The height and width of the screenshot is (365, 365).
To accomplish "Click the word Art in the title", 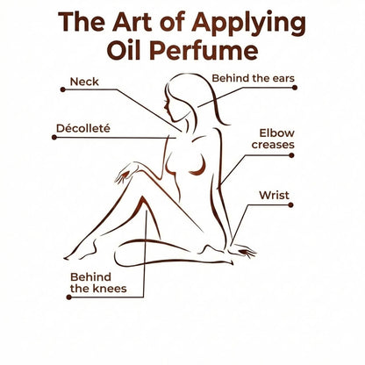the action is pos(132,22).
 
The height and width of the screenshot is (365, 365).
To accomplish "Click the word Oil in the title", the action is pos(125,50).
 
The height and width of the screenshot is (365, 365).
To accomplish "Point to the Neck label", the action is pos(84,82).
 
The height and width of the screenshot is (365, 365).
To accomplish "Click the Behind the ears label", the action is pos(253,78).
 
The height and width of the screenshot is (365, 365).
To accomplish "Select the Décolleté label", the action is pos(83,128).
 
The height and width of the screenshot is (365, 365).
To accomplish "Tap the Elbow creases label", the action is pos(273,139).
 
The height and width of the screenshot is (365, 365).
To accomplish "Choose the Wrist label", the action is pos(274,195).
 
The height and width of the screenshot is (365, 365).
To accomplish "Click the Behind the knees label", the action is pos(98,283).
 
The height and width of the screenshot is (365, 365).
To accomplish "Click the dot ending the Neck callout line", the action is pos(63,89).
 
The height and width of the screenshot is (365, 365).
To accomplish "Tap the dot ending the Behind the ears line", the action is pos(295,88).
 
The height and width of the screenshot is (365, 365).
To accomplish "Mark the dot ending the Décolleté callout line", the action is pos(54,137).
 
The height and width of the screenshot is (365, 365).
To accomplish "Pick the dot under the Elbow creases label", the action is pos(291,155).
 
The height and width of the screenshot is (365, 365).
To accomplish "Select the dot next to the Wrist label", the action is pos(290,205).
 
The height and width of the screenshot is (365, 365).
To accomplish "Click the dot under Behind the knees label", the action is pos(69,297).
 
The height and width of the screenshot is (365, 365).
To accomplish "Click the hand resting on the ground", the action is pos(242,251).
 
